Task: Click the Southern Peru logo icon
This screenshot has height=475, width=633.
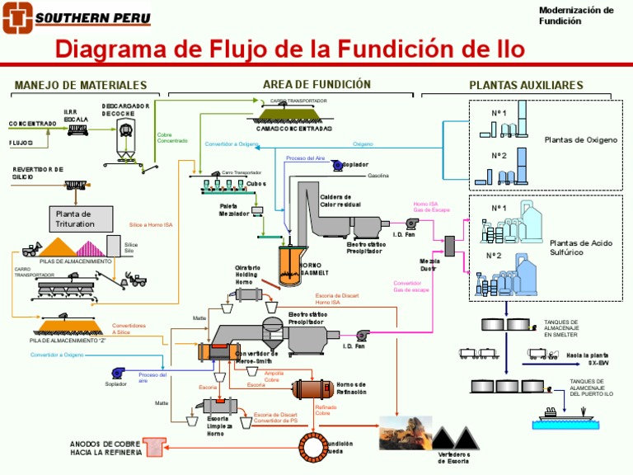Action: (17, 16)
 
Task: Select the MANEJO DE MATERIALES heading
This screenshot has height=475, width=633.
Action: (81, 85)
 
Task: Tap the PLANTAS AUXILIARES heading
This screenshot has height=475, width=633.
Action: (526, 85)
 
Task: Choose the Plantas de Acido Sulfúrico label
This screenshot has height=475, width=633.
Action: (582, 247)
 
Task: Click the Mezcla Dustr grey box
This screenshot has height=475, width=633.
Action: (449, 243)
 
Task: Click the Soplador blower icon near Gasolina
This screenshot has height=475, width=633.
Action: (337, 165)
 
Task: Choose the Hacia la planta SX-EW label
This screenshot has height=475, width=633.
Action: (587, 359)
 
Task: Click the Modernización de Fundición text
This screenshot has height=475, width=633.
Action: (576, 15)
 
